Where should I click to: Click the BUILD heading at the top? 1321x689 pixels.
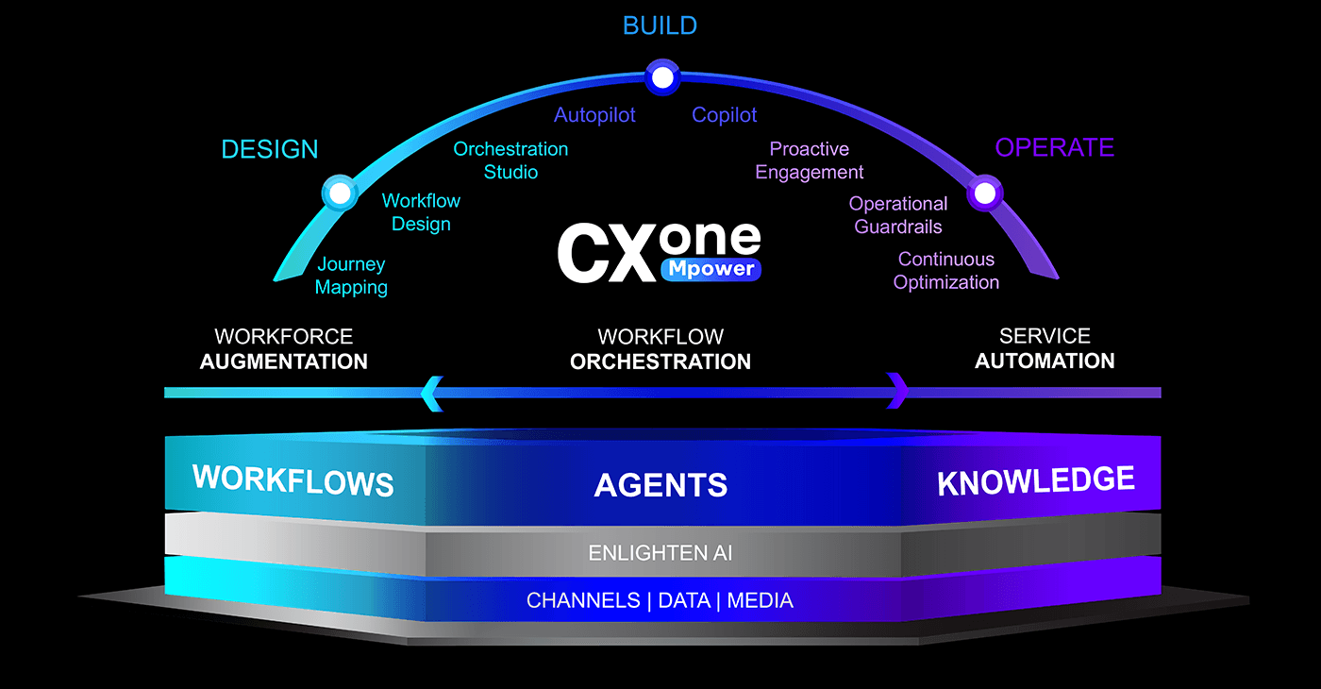click(660, 26)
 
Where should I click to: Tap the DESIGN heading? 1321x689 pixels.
click(270, 149)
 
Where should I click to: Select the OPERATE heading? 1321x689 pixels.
click(1055, 147)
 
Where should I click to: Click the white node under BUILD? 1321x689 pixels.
click(662, 77)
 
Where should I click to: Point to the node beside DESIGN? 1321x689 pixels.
click(340, 193)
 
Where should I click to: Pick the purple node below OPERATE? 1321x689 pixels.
click(985, 193)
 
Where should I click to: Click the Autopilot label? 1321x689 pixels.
click(594, 115)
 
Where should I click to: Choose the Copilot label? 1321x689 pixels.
click(725, 115)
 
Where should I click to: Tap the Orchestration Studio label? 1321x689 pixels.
click(510, 160)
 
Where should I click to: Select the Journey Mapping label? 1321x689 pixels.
click(351, 276)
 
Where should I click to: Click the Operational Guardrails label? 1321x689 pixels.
click(898, 215)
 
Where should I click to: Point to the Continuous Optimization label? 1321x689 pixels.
click(945, 271)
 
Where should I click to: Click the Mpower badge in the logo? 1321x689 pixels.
click(711, 269)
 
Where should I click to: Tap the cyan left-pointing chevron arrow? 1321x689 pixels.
click(432, 394)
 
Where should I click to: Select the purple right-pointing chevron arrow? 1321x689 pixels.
click(897, 391)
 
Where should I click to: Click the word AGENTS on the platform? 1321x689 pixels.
click(660, 485)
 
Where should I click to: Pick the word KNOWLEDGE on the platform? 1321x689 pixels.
click(1036, 480)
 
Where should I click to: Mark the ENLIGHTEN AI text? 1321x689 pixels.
click(660, 553)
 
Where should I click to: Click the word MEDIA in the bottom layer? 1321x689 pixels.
click(760, 600)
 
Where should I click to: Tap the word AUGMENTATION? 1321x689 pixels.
click(284, 361)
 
